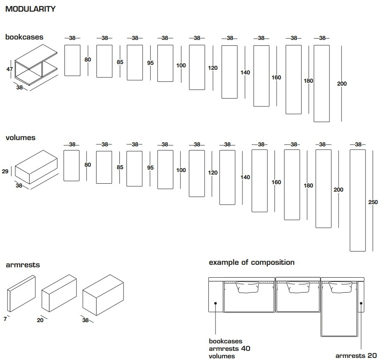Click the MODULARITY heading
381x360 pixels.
(x=30, y=9)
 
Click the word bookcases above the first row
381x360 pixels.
(x=24, y=37)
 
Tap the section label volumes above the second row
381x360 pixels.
(x=20, y=138)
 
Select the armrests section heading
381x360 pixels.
(x=23, y=264)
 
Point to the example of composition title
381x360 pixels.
(x=251, y=262)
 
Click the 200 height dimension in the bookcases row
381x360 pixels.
(x=341, y=84)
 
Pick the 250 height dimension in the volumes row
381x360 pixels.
(x=373, y=202)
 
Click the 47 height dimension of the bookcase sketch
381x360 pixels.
(x=10, y=69)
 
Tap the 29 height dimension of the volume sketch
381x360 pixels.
(x=5, y=171)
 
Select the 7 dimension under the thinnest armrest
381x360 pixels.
(x=5, y=318)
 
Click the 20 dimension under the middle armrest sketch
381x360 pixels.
(x=40, y=320)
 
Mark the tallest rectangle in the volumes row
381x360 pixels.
(x=358, y=200)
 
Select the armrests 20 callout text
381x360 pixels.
(x=356, y=355)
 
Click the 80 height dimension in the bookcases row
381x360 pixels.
(x=87, y=59)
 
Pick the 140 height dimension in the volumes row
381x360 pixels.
(x=245, y=178)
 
